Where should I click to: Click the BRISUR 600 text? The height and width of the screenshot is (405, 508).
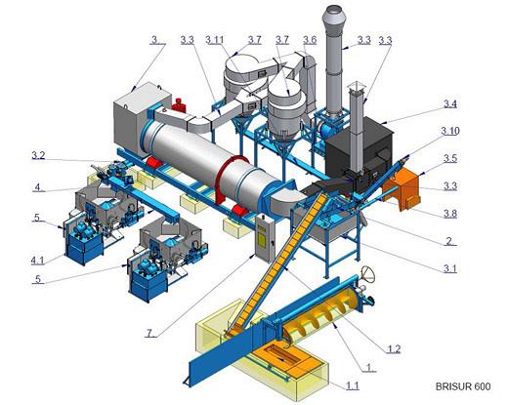click(x=463, y=386)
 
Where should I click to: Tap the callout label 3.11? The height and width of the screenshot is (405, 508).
click(x=215, y=40)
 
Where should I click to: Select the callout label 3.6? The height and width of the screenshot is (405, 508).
click(x=310, y=40)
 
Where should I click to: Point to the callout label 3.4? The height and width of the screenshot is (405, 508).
click(x=450, y=103)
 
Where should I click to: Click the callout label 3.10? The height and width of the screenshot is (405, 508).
click(x=450, y=131)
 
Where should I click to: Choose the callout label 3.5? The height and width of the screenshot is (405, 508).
click(x=450, y=158)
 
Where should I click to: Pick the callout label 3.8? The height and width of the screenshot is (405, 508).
click(x=450, y=214)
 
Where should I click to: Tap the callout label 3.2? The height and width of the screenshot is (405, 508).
click(x=38, y=155)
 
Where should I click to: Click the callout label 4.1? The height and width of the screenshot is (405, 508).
click(x=37, y=261)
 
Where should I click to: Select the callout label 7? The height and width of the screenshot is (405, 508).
click(x=149, y=333)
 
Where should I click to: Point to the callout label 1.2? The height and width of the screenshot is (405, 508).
click(x=394, y=349)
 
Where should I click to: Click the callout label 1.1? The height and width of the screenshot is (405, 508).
click(x=353, y=385)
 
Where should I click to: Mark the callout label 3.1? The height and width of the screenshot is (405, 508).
click(x=450, y=268)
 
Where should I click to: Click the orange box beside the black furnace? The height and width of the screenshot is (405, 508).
click(x=402, y=188)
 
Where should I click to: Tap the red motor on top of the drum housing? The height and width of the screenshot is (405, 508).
click(x=179, y=104)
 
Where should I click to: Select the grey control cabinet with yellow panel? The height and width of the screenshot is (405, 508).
click(x=265, y=238)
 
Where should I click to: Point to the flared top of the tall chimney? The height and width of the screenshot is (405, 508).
click(x=334, y=19)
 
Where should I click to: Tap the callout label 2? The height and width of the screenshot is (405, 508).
click(x=449, y=241)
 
